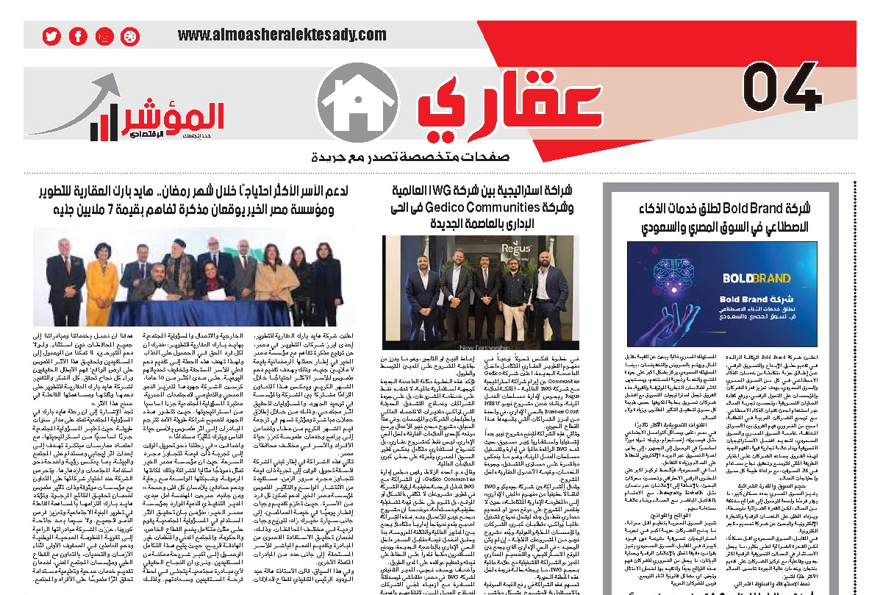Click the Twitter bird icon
tap(51, 36)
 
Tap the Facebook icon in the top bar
tap(78, 36)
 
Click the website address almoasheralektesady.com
tap(282, 35)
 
